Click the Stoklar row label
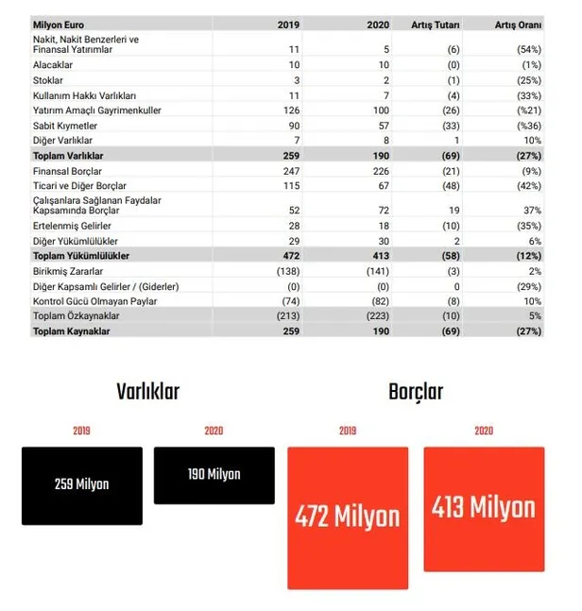tap(48, 82)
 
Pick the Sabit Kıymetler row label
tap(63, 125)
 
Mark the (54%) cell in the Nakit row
tap(526, 47)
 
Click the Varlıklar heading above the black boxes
tap(148, 392)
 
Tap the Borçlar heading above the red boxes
tap(415, 391)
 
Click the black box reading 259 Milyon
tap(82, 485)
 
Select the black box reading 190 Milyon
tap(214, 476)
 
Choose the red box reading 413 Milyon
tap(484, 509)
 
